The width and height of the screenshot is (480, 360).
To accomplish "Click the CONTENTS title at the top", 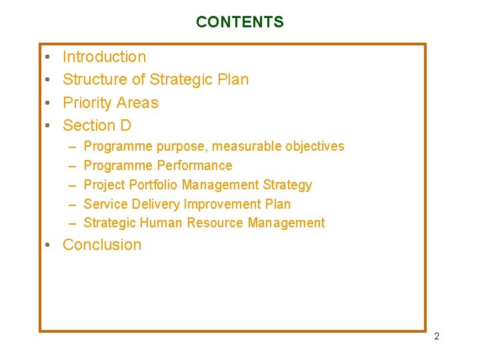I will (239, 22).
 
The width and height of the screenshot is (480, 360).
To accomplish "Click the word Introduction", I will (104, 57).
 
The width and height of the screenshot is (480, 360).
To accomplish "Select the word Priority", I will (85, 103).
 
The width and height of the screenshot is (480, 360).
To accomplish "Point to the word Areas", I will (137, 103).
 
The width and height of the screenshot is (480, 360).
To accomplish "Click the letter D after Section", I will (125, 125).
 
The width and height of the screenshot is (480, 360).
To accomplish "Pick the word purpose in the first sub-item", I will (182, 147).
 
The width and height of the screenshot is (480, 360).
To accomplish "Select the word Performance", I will (195, 165).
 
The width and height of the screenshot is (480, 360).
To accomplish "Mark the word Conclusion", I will (102, 245).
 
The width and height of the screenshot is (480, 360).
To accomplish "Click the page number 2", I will (437, 337).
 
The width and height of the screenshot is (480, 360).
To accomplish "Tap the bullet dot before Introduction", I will (49, 58).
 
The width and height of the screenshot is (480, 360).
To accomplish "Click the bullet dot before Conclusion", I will (49, 245).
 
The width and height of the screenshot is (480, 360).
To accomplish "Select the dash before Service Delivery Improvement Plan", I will (71, 204).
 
